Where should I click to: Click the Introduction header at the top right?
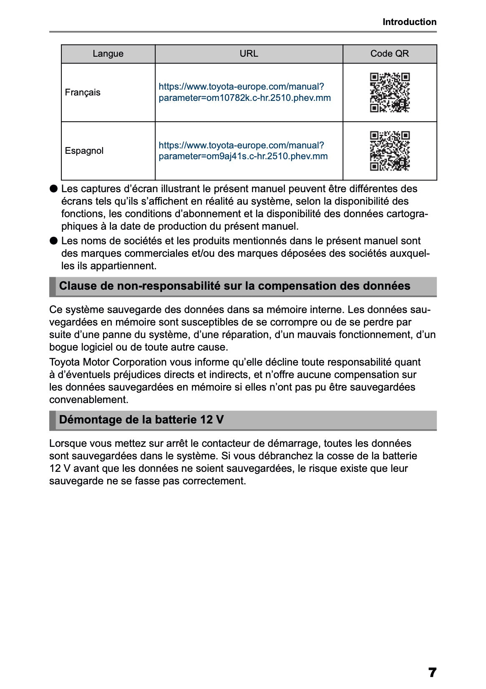409,22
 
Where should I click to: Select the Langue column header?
108,54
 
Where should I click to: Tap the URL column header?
249,54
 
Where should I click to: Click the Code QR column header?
389,54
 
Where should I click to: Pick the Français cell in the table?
83,93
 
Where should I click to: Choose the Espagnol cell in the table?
84,151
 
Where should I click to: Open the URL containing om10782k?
244,93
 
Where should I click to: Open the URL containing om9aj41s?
243,151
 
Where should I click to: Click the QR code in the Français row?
390,93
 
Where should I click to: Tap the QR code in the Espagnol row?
390,151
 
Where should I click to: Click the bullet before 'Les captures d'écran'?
53,189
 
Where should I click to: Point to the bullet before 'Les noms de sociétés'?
53,241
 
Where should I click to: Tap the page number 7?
432,672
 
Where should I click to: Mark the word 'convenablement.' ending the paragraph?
88,400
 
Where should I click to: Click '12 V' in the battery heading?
212,420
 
